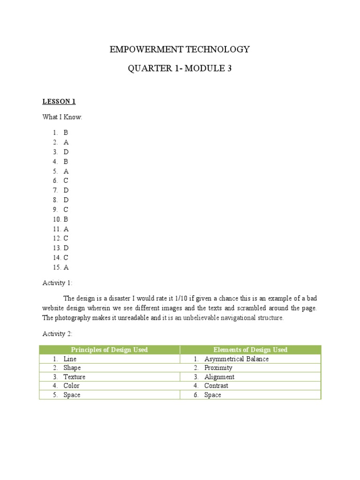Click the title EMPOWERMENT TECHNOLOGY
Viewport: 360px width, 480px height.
coord(180,49)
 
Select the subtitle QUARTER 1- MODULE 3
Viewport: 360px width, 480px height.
coord(180,69)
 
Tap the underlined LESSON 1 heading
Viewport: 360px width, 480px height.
coord(59,101)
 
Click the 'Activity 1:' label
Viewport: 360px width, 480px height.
coord(58,283)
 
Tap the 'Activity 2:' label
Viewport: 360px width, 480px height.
coord(58,333)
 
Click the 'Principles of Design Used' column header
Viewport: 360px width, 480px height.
coord(109,350)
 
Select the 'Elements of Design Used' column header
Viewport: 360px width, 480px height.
coord(250,350)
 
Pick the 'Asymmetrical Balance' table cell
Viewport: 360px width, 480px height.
coord(236,359)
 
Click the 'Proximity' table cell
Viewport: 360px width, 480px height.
coord(218,368)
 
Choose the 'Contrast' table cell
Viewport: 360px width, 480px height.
coord(216,386)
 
